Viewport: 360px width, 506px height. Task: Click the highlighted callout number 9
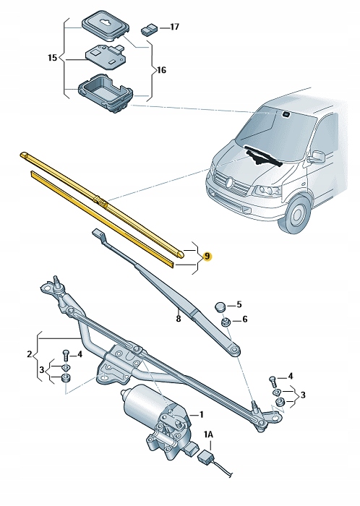(x=207, y=257)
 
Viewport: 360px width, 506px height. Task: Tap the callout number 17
(x=173, y=27)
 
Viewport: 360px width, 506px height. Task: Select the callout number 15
(x=51, y=56)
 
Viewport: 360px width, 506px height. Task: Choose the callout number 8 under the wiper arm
(x=176, y=317)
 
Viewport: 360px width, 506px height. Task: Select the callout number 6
(x=244, y=320)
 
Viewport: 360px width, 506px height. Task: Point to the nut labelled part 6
(x=226, y=322)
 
